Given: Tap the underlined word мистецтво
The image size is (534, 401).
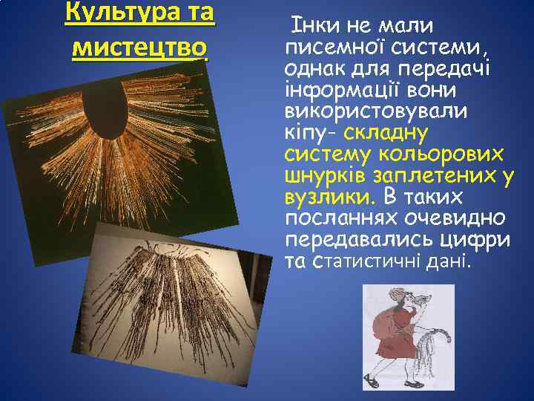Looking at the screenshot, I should click(x=140, y=48).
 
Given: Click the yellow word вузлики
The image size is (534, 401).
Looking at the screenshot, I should click(x=330, y=198).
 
